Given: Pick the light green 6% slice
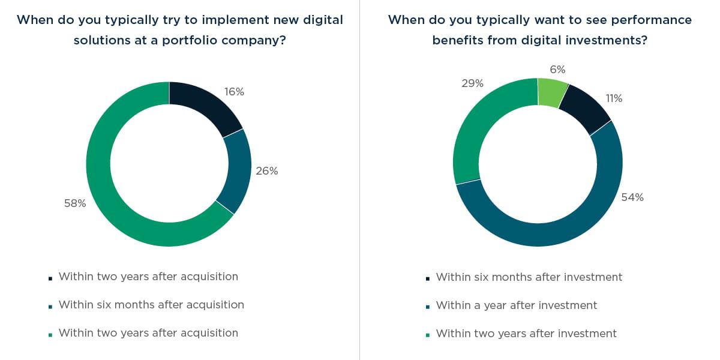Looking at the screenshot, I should [551, 92].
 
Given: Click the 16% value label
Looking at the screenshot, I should [234, 92].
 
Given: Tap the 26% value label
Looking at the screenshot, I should [268, 171].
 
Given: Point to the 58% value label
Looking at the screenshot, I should [75, 203].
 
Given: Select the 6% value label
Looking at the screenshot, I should [557, 70].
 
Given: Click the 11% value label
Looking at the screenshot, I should [614, 98].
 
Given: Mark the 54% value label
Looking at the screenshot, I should [632, 197].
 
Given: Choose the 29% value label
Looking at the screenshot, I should [472, 84].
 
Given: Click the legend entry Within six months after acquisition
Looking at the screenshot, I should [151, 305].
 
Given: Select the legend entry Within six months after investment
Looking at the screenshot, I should [529, 277].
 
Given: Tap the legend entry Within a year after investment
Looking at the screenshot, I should [516, 305].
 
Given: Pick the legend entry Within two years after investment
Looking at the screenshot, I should [526, 333].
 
